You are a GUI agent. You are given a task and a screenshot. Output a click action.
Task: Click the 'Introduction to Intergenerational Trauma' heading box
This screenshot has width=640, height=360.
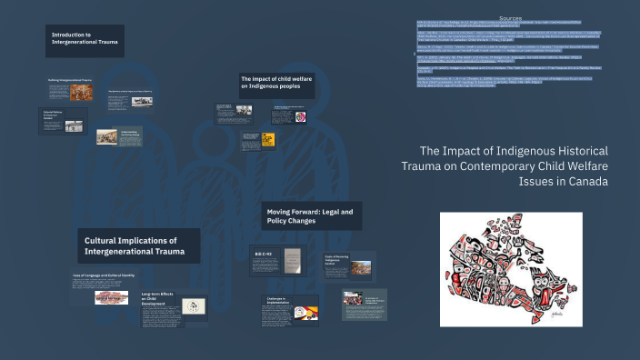(85, 41)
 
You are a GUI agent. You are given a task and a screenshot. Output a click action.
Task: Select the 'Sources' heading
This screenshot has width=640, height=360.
(511, 17)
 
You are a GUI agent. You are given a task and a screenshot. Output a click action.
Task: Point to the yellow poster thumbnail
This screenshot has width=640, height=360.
(268, 139)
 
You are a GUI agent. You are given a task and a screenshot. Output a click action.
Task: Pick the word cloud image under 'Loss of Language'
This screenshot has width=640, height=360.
(112, 297)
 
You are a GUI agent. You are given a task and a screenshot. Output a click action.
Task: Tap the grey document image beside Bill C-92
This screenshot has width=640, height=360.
(292, 261)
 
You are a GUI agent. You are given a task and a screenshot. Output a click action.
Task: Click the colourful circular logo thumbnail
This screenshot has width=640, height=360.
(301, 117)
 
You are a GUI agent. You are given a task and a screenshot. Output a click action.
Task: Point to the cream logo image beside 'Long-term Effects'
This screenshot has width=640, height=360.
(193, 305)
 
